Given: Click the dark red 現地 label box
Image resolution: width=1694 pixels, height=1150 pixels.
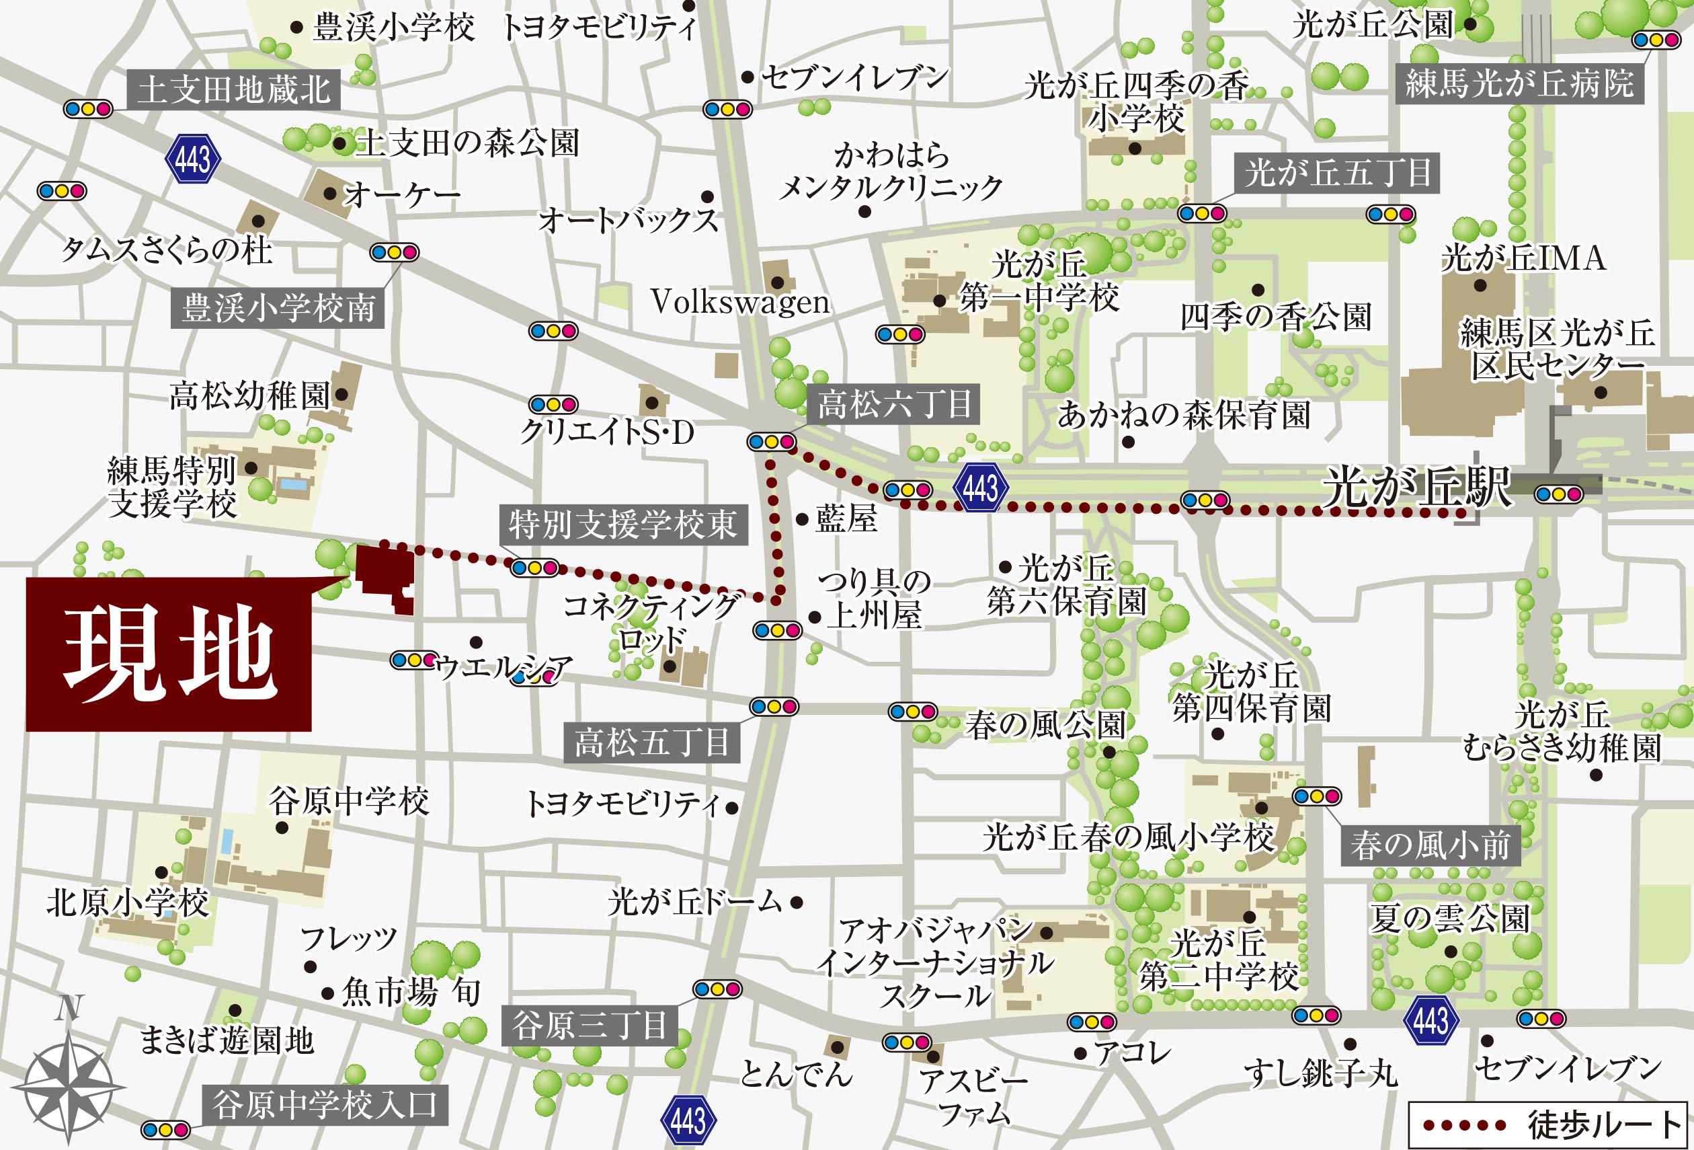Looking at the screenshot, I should click(x=168, y=654).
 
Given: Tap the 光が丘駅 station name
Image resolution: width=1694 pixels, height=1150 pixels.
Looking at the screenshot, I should click(x=1418, y=486).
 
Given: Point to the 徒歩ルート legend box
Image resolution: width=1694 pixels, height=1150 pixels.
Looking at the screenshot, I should click(x=1548, y=1124).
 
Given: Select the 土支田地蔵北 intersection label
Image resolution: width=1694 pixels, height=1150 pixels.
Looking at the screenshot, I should click(x=234, y=89).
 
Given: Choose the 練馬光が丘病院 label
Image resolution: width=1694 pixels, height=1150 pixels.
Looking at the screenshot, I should click(x=1519, y=84).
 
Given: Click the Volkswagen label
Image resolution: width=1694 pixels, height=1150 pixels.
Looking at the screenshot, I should click(x=740, y=302).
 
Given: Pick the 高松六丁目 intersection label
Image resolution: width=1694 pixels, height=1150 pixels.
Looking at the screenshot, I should click(x=893, y=404).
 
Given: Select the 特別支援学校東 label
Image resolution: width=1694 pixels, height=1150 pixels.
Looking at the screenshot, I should click(x=623, y=525).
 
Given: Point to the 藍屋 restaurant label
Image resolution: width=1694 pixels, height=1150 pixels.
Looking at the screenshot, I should click(x=846, y=519).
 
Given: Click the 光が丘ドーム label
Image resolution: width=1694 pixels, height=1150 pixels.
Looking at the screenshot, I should click(x=694, y=902).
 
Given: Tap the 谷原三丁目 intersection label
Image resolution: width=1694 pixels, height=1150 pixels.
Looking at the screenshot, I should click(x=589, y=1026).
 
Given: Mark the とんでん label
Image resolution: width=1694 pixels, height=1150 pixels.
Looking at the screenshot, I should click(x=796, y=1073).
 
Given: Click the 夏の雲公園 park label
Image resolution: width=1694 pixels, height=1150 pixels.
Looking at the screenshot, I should click(x=1449, y=918).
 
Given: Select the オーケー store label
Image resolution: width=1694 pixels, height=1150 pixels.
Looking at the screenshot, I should click(x=401, y=195).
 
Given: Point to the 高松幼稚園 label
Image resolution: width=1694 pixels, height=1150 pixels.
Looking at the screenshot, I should click(x=250, y=395).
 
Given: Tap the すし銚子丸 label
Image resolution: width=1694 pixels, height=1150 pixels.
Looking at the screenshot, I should click(x=1321, y=1073).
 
